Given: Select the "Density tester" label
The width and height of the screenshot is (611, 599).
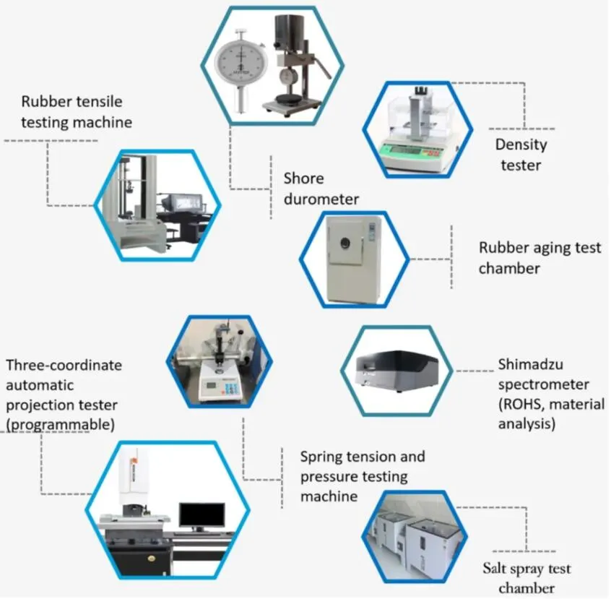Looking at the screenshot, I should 521,154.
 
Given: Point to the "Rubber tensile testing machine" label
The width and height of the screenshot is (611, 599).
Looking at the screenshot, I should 77,111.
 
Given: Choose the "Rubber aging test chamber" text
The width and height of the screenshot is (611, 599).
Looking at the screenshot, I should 539,258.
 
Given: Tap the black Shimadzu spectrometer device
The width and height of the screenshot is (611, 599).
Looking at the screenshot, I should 396,370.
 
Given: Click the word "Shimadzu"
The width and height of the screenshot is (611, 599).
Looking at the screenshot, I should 532,364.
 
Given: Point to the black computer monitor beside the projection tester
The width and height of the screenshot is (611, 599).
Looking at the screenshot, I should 201,514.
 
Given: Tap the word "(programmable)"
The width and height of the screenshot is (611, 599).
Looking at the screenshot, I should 61,424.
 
